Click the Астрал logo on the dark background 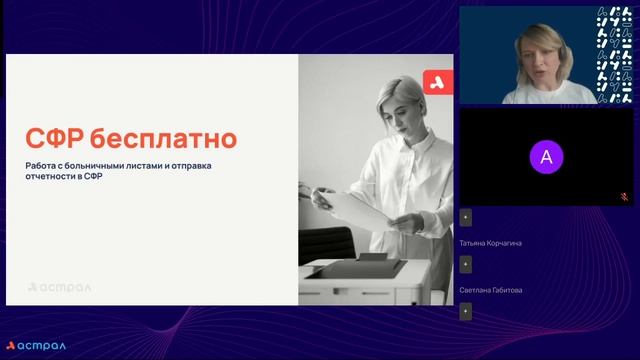pos(36,345)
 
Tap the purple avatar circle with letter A pos(545,156)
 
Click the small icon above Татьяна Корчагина pos(467,217)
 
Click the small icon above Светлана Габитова pos(467,264)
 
